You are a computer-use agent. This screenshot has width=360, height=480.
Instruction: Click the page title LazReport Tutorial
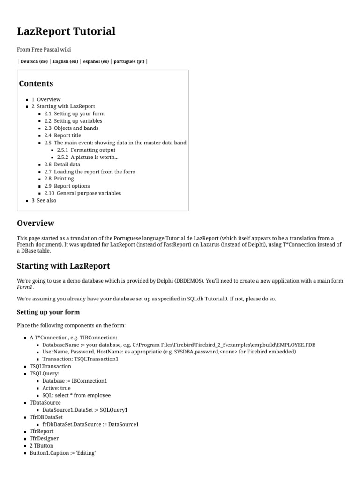click(x=66, y=31)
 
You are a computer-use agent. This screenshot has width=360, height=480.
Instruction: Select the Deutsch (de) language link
click(x=34, y=61)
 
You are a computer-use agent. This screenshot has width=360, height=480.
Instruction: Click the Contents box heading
click(x=36, y=84)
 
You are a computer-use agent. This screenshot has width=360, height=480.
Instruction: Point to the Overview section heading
click(x=36, y=223)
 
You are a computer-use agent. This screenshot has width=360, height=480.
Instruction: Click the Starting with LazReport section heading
click(x=63, y=266)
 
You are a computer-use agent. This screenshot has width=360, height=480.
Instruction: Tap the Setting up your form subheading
click(x=48, y=312)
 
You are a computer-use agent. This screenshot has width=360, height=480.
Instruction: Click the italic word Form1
click(x=25, y=287)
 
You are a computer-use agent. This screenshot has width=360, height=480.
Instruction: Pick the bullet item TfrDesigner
click(x=44, y=438)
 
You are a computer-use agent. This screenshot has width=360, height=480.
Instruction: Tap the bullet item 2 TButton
click(x=41, y=446)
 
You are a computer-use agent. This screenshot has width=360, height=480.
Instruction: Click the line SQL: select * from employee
click(x=76, y=395)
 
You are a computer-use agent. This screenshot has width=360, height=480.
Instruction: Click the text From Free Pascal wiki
click(x=44, y=49)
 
